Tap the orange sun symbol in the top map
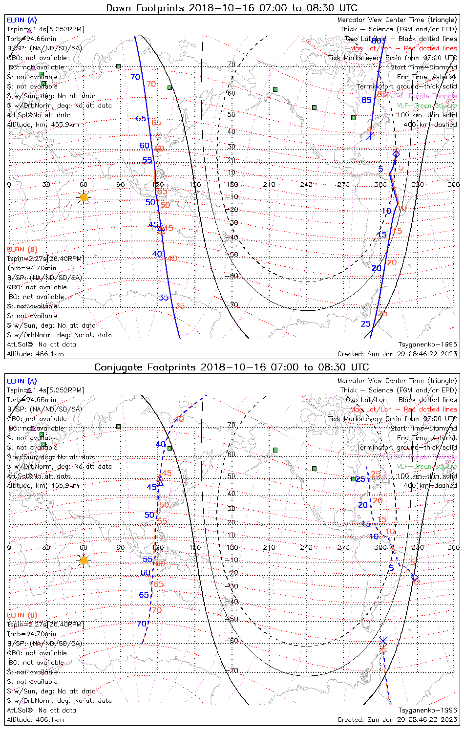pyautogui.click(x=84, y=197)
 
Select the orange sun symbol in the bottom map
pyautogui.click(x=84, y=561)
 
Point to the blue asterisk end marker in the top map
pyautogui.click(x=370, y=135)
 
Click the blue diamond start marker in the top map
pyautogui.click(x=396, y=154)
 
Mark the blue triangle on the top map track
pyautogui.click(x=161, y=226)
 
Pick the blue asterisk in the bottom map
pyautogui.click(x=383, y=640)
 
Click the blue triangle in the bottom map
pyautogui.click(x=160, y=482)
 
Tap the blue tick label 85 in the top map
pyautogui.click(x=366, y=101)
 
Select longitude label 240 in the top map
pyautogui.click(x=306, y=185)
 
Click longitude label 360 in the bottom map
pyautogui.click(x=454, y=547)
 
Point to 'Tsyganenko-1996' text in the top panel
pyautogui.click(x=428, y=345)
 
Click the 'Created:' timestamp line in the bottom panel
pyautogui.click(x=397, y=719)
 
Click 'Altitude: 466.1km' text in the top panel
pyautogui.click(x=35, y=354)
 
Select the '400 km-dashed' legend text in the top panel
pyautogui.click(x=430, y=125)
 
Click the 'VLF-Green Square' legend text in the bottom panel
pyautogui.click(x=426, y=467)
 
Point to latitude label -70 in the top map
pyautogui.click(x=232, y=305)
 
